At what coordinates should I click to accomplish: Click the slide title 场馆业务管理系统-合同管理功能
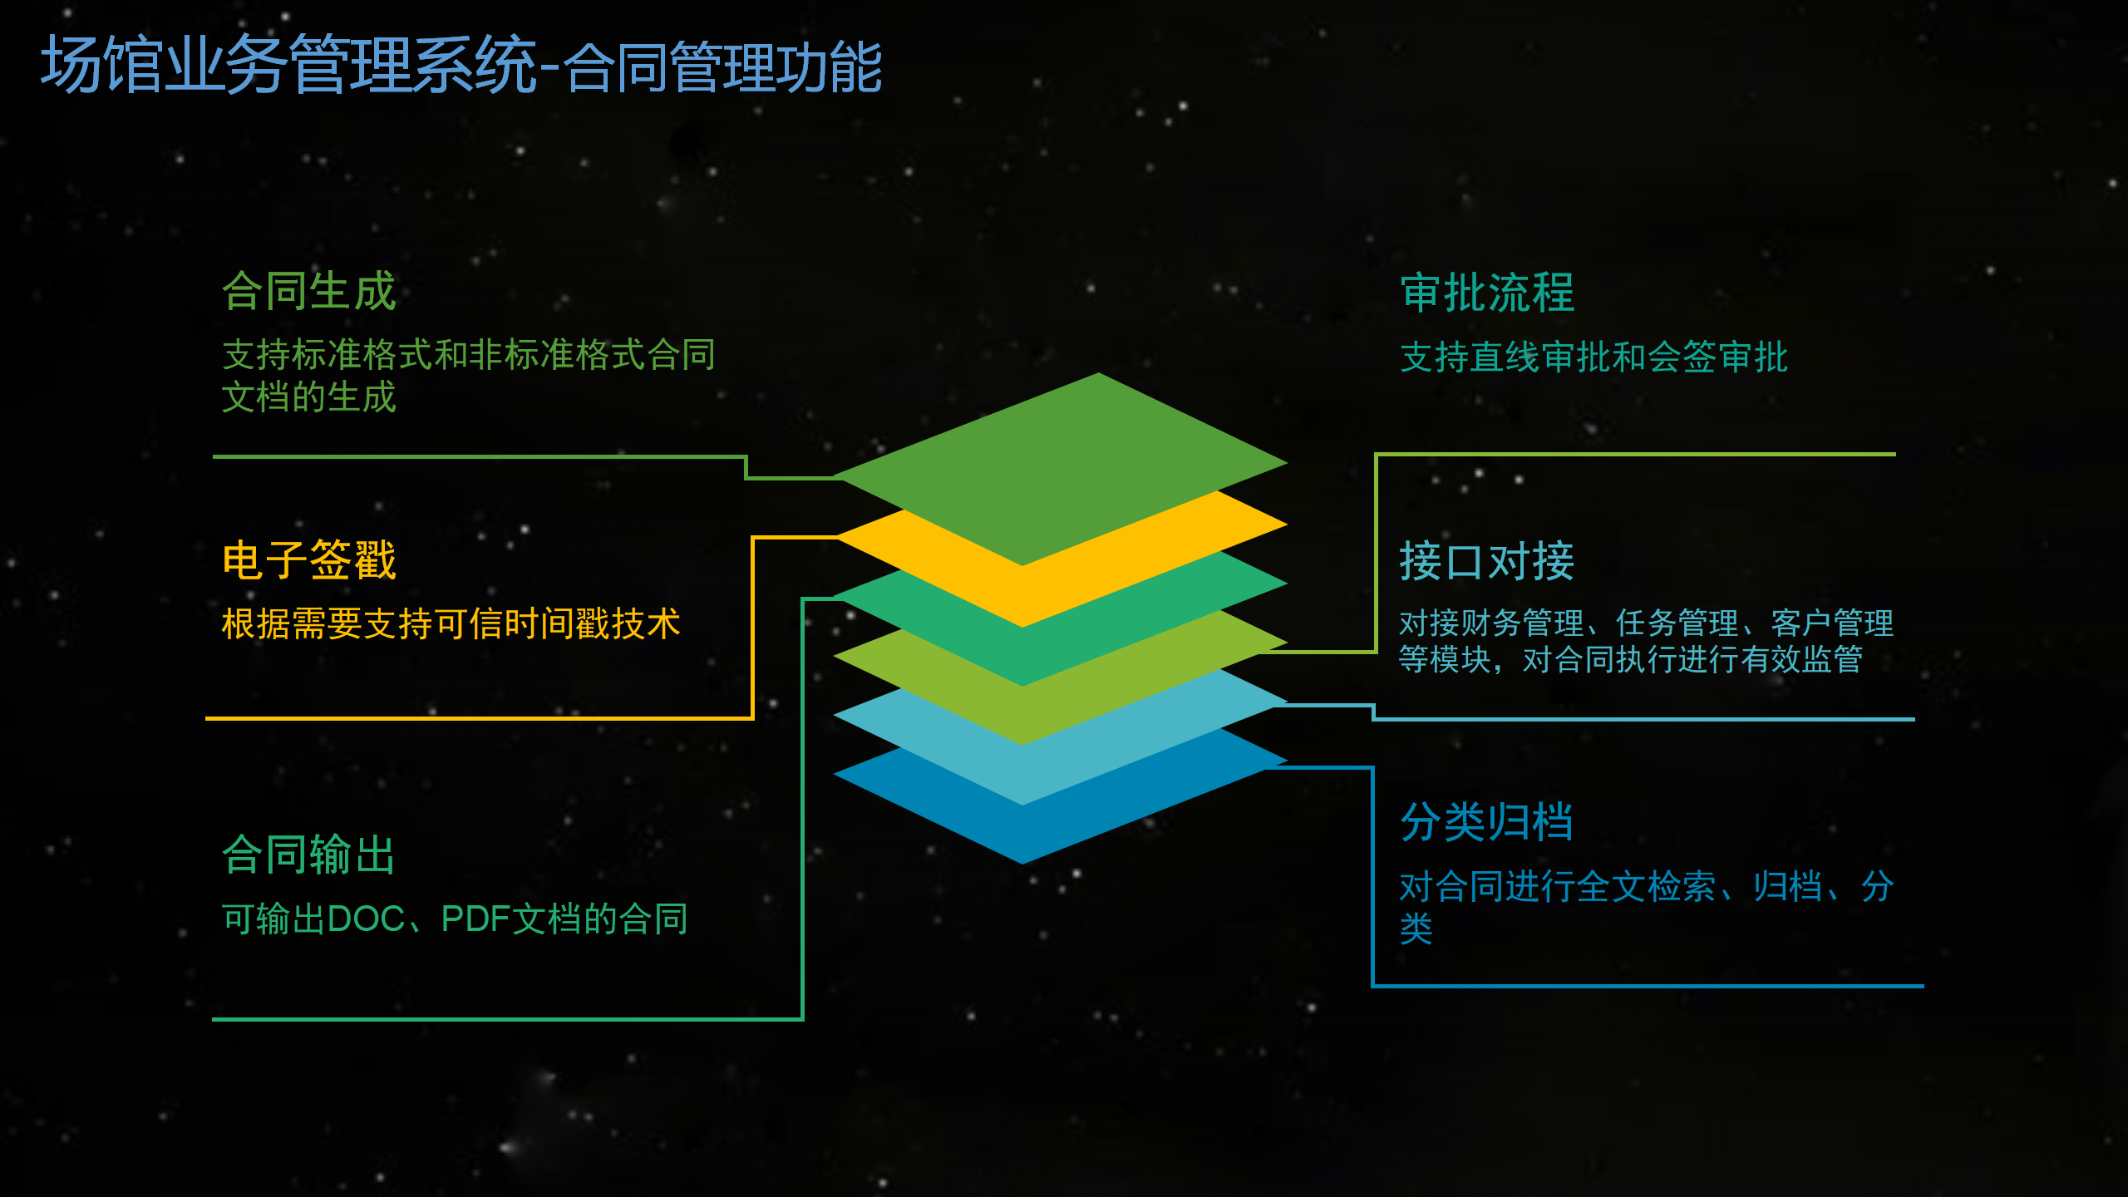point(461,65)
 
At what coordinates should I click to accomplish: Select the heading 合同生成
point(309,292)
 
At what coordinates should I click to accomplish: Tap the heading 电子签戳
point(309,559)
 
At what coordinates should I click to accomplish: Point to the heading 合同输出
point(308,855)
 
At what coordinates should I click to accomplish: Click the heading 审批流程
point(1487,293)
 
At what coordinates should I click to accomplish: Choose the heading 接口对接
point(1487,561)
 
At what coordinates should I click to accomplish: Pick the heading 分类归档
point(1486,822)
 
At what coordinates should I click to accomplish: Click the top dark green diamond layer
point(1061,469)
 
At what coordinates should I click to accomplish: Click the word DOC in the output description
point(367,919)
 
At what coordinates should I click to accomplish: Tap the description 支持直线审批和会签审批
point(1594,357)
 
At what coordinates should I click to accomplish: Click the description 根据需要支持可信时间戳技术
point(451,623)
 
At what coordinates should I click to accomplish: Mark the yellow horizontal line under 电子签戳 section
point(479,718)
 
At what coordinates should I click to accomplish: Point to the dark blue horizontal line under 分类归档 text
point(1648,986)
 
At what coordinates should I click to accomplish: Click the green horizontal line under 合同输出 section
point(507,1019)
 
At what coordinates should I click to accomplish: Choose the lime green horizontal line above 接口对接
point(1636,455)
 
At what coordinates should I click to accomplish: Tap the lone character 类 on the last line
point(1416,929)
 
